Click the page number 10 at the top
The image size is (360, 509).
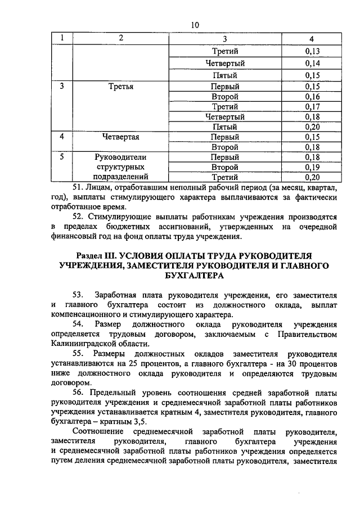pyautogui.click(x=195, y=25)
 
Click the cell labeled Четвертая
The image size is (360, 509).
pyautogui.click(x=121, y=137)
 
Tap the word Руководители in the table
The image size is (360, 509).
pyautogui.click(x=121, y=157)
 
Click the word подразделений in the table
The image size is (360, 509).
pyautogui.click(x=121, y=178)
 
